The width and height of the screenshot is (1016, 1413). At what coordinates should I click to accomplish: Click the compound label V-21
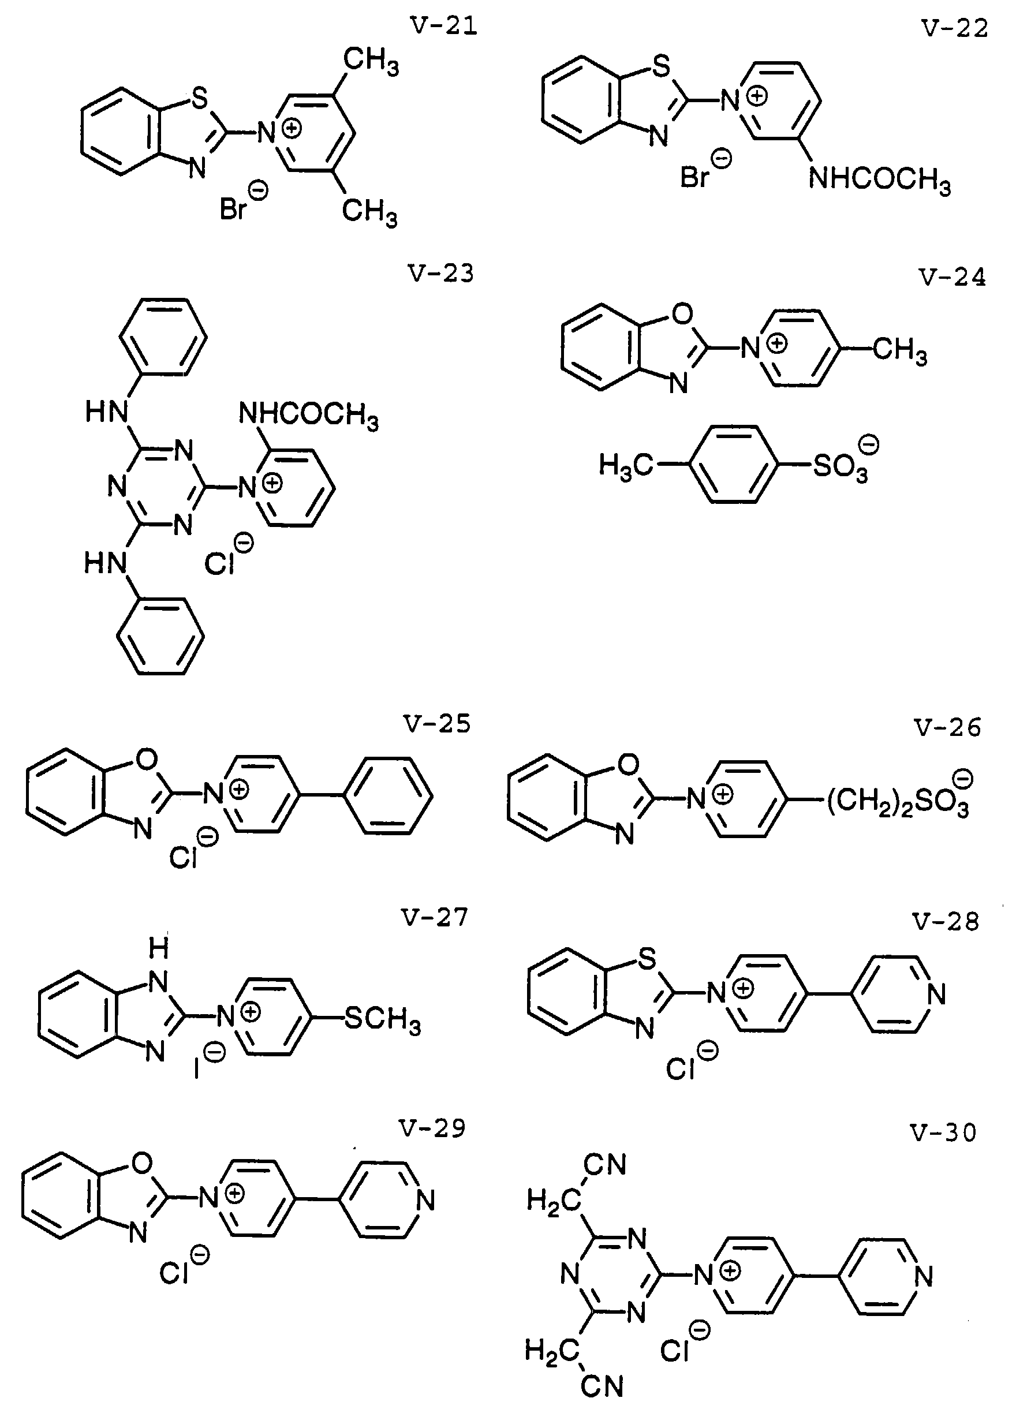point(443,26)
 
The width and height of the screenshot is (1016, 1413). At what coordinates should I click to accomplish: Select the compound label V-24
point(952,277)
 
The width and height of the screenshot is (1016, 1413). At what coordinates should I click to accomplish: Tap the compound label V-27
point(434,918)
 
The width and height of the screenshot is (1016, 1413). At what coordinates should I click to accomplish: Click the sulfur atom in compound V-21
point(199,100)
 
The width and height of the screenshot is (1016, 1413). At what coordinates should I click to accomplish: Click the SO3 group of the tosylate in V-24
point(842,465)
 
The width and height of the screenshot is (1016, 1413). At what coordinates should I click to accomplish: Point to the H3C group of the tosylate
point(625,465)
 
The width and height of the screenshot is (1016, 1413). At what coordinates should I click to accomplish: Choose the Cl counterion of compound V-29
point(176,1273)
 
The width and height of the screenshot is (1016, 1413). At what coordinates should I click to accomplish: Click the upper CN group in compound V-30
point(604,1164)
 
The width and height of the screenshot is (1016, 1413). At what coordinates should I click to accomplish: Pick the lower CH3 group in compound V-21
point(369,212)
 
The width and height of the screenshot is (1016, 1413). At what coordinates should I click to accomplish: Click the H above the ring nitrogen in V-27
point(159,950)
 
